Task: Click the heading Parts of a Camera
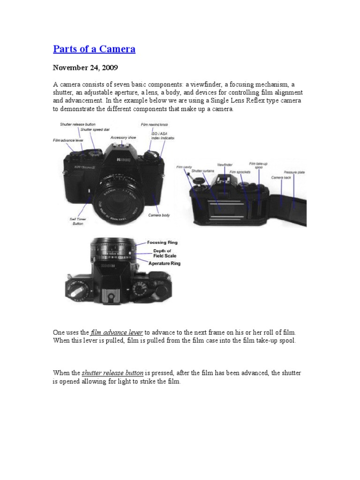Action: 94,49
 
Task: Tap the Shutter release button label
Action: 77,124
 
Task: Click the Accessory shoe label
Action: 123,137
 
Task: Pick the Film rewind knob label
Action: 154,125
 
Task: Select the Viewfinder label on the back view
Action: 225,165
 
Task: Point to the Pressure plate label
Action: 294,172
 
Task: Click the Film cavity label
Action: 183,167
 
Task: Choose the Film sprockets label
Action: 240,172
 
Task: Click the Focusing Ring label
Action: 162,242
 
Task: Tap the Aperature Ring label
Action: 164,263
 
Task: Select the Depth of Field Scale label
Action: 162,254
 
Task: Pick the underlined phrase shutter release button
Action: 112,373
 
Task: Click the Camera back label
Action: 281,178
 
